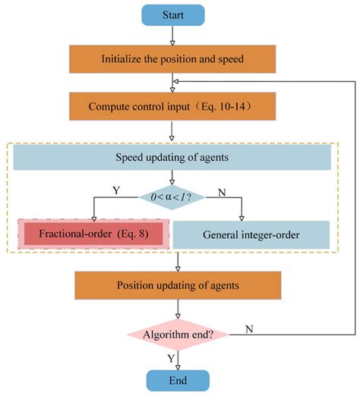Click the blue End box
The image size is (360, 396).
177,380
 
